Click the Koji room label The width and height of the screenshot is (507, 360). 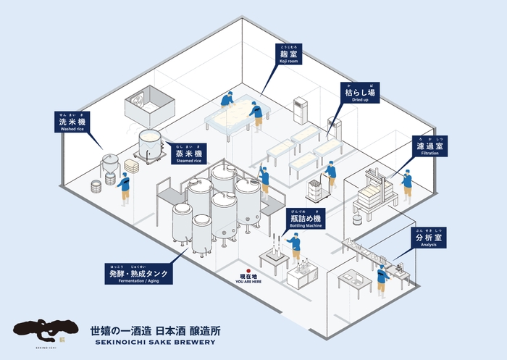289,55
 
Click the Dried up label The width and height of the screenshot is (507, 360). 359,93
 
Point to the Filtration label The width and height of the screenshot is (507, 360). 430,147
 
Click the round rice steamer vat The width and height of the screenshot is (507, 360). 150,144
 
